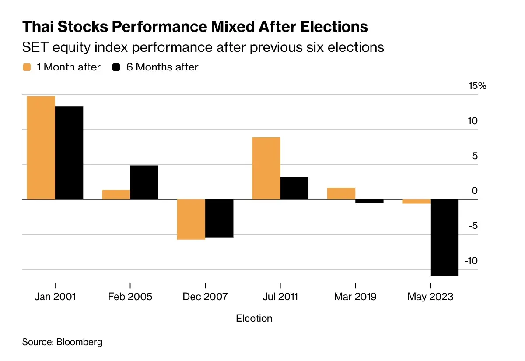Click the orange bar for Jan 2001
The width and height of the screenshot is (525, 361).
[41, 147]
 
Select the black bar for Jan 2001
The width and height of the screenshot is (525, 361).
[69, 153]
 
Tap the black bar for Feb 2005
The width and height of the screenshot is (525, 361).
[144, 182]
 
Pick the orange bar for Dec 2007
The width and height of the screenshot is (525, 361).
[191, 219]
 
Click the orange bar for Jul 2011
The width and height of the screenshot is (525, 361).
[266, 168]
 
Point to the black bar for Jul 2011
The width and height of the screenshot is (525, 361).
[294, 188]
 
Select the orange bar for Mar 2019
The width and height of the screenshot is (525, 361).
[341, 193]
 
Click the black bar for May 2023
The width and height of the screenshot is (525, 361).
[444, 237]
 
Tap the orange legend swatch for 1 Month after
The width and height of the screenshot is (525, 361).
[27, 67]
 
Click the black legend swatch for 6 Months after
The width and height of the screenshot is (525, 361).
[116, 67]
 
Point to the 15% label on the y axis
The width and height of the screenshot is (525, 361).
[477, 86]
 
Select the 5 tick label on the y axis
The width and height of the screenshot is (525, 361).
[475, 156]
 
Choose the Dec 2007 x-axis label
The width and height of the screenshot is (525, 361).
[205, 297]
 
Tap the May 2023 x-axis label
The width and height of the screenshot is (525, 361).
[430, 297]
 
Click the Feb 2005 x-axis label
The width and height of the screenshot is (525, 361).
[130, 297]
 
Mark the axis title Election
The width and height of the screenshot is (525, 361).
[254, 318]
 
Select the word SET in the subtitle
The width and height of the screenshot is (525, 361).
[34, 47]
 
